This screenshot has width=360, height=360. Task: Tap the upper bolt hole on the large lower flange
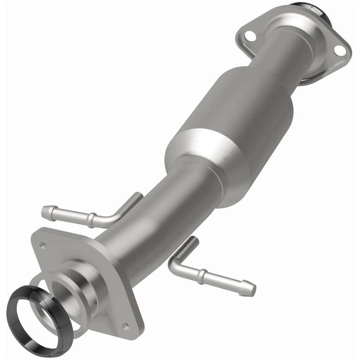(43, 245)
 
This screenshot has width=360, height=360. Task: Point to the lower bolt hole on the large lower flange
(125, 325)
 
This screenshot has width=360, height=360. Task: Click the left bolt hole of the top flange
(249, 35)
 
